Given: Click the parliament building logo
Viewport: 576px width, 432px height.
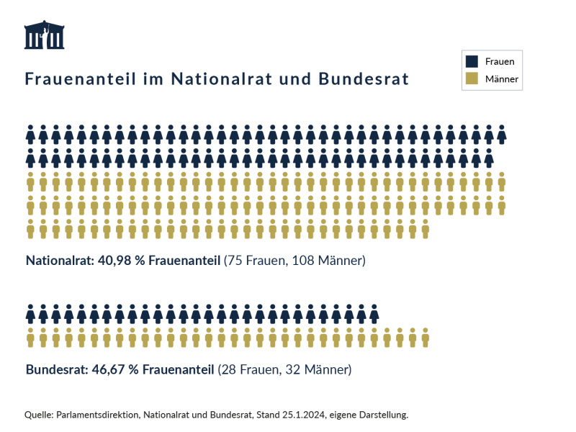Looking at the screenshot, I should pyautogui.click(x=45, y=35).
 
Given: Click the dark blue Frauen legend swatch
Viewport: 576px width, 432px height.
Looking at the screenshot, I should pyautogui.click(x=472, y=61).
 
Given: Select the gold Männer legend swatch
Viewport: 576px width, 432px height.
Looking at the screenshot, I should pyautogui.click(x=472, y=78).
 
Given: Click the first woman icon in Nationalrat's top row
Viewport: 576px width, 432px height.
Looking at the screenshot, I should pyautogui.click(x=31, y=134).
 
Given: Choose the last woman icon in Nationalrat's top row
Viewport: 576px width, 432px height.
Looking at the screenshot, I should pyautogui.click(x=502, y=134).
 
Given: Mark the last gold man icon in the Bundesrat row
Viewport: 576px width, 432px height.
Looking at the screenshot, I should pyautogui.click(x=426, y=336).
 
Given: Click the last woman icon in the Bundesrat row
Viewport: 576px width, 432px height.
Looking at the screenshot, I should pyautogui.click(x=374, y=314).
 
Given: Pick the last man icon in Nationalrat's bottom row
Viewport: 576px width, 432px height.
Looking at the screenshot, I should pyautogui.click(x=426, y=228).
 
